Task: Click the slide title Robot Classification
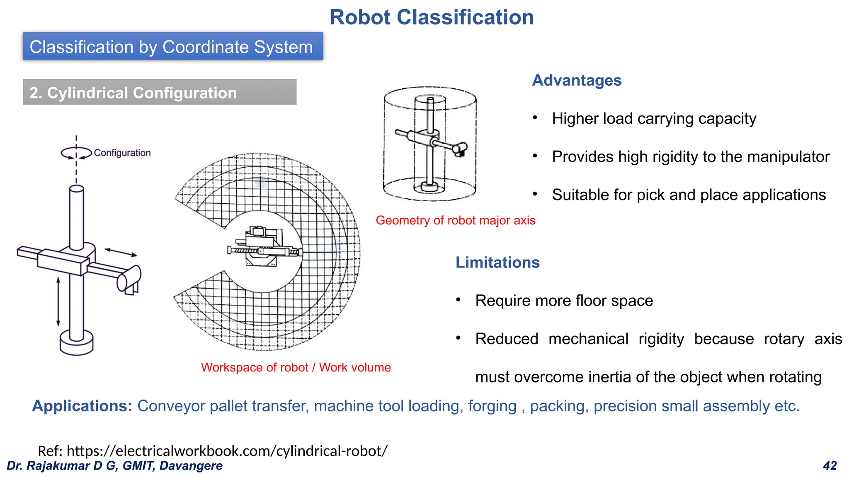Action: point(432,17)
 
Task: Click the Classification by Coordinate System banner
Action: point(172,46)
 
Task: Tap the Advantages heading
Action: point(577,80)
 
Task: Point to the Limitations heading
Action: point(497,263)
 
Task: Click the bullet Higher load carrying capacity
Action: point(654,119)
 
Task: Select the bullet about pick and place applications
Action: point(689,195)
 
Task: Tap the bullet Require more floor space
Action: point(564,301)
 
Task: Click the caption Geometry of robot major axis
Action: point(455,220)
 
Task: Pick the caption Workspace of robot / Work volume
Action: point(296,367)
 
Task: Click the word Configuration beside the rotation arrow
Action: point(122,153)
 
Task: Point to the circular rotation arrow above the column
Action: point(76,153)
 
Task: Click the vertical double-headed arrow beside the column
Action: point(58,302)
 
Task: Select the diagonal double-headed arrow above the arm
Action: point(120,252)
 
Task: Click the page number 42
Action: point(830,466)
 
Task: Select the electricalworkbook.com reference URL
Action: point(227,450)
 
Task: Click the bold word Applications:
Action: point(82,406)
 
